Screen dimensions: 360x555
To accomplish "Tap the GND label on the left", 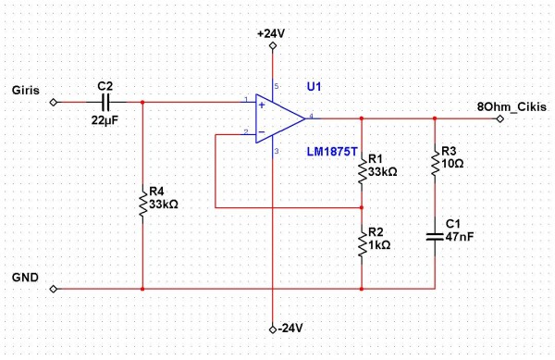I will (x=26, y=277).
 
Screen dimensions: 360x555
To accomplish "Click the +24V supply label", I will (x=272, y=33).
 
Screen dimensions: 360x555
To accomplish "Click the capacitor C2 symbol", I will (x=105, y=101).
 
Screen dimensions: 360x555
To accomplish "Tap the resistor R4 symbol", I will (x=143, y=203).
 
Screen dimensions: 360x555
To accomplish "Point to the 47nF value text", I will (x=459, y=238).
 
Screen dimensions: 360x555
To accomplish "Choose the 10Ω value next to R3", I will (x=453, y=164).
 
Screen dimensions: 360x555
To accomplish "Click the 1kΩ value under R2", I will (x=380, y=245).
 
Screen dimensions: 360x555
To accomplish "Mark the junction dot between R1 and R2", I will (x=361, y=207).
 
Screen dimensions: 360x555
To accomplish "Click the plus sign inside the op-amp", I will (x=260, y=106).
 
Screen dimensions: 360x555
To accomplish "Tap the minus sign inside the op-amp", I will (x=260, y=132).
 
